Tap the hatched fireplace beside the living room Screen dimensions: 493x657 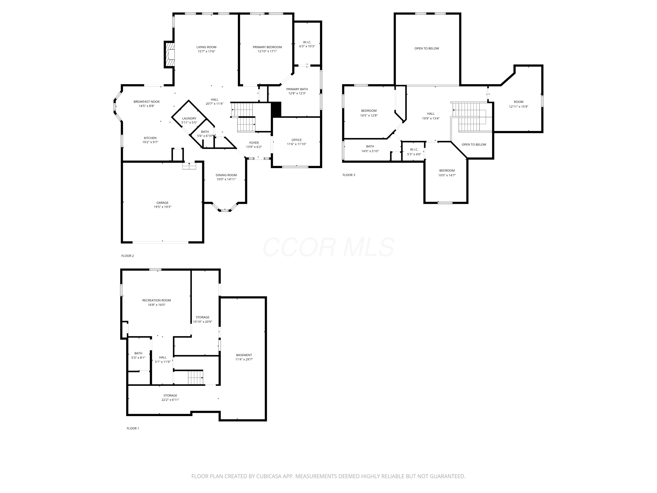pyautogui.click(x=170, y=54)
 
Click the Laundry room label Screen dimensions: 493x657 pyautogui.click(x=189, y=118)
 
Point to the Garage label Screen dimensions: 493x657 pyautogui.click(x=162, y=203)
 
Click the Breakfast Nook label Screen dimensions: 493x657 pyautogui.click(x=147, y=102)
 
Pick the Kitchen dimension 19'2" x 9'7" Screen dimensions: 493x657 pyautogui.click(x=150, y=142)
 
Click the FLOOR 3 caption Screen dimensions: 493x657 pyautogui.click(x=348, y=175)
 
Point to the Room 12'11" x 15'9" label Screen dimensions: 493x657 pyautogui.click(x=518, y=102)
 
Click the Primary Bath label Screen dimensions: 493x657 pyautogui.click(x=297, y=89)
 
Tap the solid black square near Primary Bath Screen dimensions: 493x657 pyautogui.click(x=276, y=109)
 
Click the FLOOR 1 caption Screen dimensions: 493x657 pyautogui.click(x=132, y=428)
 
